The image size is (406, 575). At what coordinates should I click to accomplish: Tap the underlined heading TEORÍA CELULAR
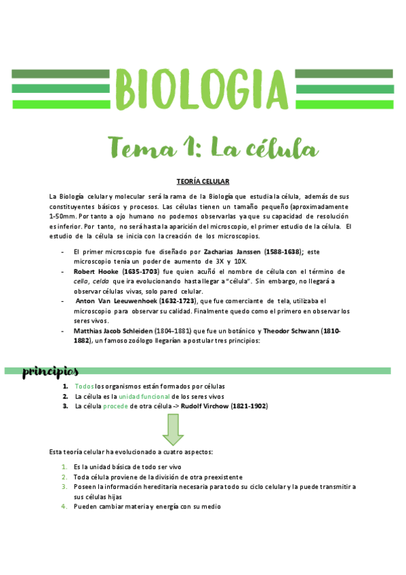tap(203, 182)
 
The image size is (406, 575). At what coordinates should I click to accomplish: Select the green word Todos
tap(84, 386)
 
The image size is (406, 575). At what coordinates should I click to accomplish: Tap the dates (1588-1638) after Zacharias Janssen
tap(283, 251)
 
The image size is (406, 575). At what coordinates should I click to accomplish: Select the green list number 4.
tap(64, 506)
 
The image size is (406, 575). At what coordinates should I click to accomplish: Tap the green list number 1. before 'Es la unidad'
tap(64, 467)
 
